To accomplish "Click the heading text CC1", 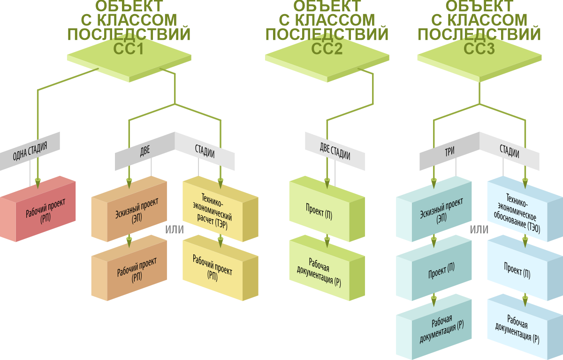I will (x=128, y=48).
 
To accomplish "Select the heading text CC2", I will (x=327, y=48).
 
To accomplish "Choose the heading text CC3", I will (x=479, y=48).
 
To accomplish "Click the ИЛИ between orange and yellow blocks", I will (x=175, y=230).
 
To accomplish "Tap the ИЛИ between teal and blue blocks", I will (x=479, y=230).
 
